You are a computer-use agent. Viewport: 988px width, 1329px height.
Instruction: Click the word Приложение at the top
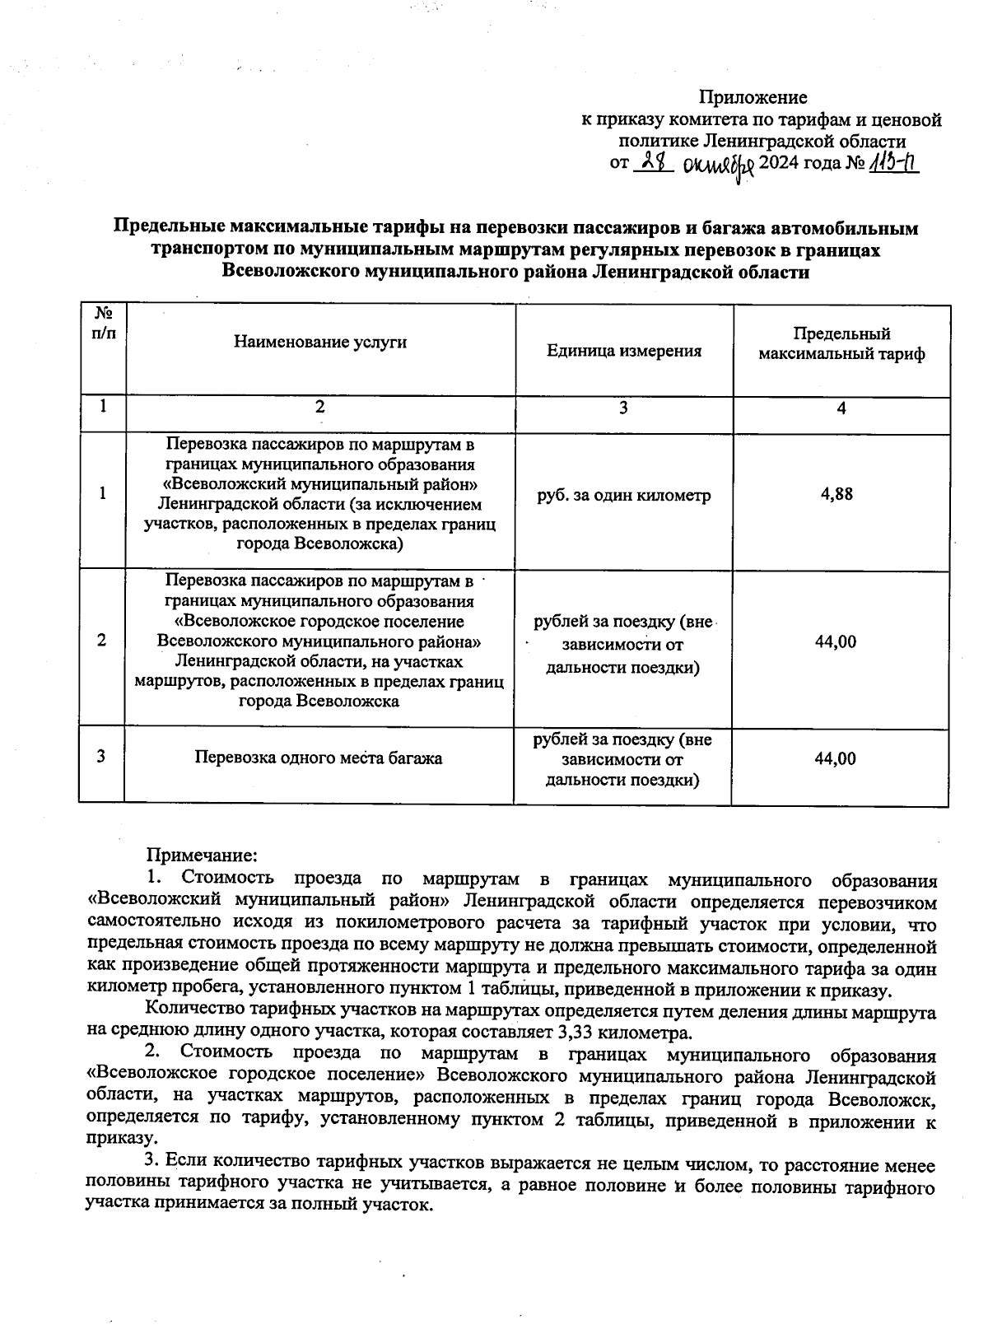(753, 98)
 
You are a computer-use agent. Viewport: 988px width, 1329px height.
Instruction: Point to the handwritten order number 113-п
(893, 163)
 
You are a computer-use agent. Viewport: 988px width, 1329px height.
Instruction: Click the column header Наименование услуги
(320, 342)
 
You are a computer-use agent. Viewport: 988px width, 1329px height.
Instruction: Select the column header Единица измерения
(624, 352)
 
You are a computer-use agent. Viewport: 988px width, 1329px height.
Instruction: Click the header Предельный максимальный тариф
(841, 344)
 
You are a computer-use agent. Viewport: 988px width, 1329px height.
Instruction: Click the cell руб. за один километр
(623, 496)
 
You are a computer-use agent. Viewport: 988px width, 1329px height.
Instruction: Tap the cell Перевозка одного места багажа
(318, 758)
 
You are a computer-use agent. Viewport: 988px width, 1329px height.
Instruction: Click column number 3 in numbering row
(623, 408)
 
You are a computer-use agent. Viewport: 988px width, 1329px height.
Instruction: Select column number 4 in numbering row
(841, 408)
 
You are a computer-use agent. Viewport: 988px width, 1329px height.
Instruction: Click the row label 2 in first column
(101, 641)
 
